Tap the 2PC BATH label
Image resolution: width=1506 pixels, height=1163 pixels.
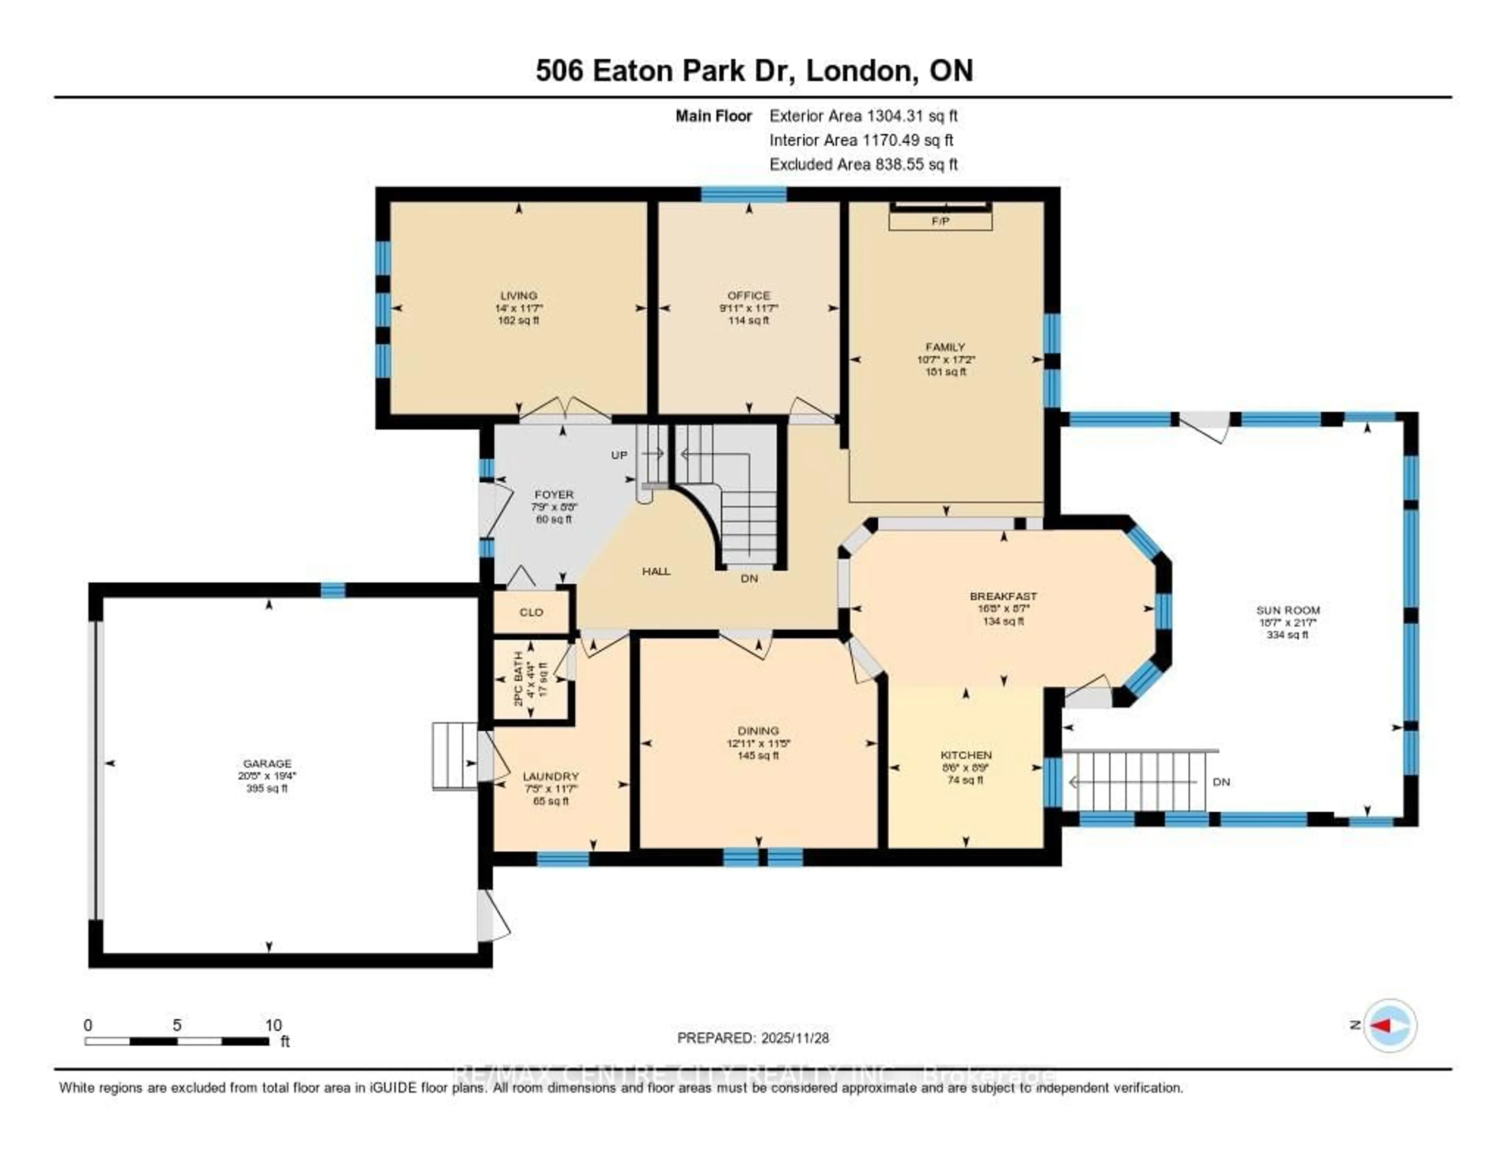pyautogui.click(x=518, y=679)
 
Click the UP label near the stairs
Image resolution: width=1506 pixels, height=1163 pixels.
pyautogui.click(x=619, y=455)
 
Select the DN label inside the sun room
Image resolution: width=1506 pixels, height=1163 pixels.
pyautogui.click(x=1221, y=782)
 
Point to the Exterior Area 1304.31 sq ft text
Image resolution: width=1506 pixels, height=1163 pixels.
pyautogui.click(x=863, y=116)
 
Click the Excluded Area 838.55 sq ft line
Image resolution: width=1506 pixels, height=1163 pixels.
pyautogui.click(x=863, y=164)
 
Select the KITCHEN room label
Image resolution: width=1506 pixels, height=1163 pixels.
pyautogui.click(x=966, y=755)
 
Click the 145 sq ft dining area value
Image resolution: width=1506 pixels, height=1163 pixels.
pyautogui.click(x=758, y=756)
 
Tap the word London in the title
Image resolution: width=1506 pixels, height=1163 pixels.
pyautogui.click(x=860, y=71)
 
